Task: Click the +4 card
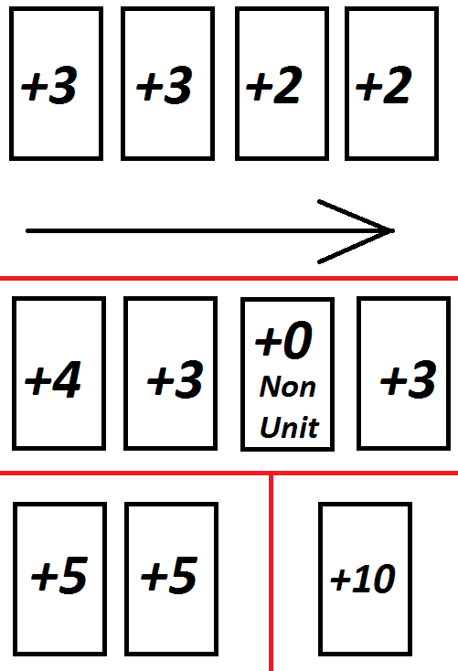click(59, 373)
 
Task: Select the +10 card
click(365, 579)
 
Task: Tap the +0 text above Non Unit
click(283, 340)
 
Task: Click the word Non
click(287, 387)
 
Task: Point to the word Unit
click(290, 427)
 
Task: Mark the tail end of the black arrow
click(27, 231)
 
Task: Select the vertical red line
click(271, 572)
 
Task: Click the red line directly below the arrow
click(229, 278)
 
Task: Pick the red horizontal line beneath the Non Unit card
click(229, 473)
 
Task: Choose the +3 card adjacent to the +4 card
click(170, 373)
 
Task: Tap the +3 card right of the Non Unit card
click(404, 373)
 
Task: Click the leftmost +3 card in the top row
click(56, 83)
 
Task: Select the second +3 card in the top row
click(168, 83)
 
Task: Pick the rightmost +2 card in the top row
click(391, 83)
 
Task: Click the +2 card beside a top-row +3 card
click(282, 83)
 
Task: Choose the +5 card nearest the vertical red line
click(171, 579)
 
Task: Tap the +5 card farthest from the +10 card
click(60, 579)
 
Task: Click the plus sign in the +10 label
click(340, 580)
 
